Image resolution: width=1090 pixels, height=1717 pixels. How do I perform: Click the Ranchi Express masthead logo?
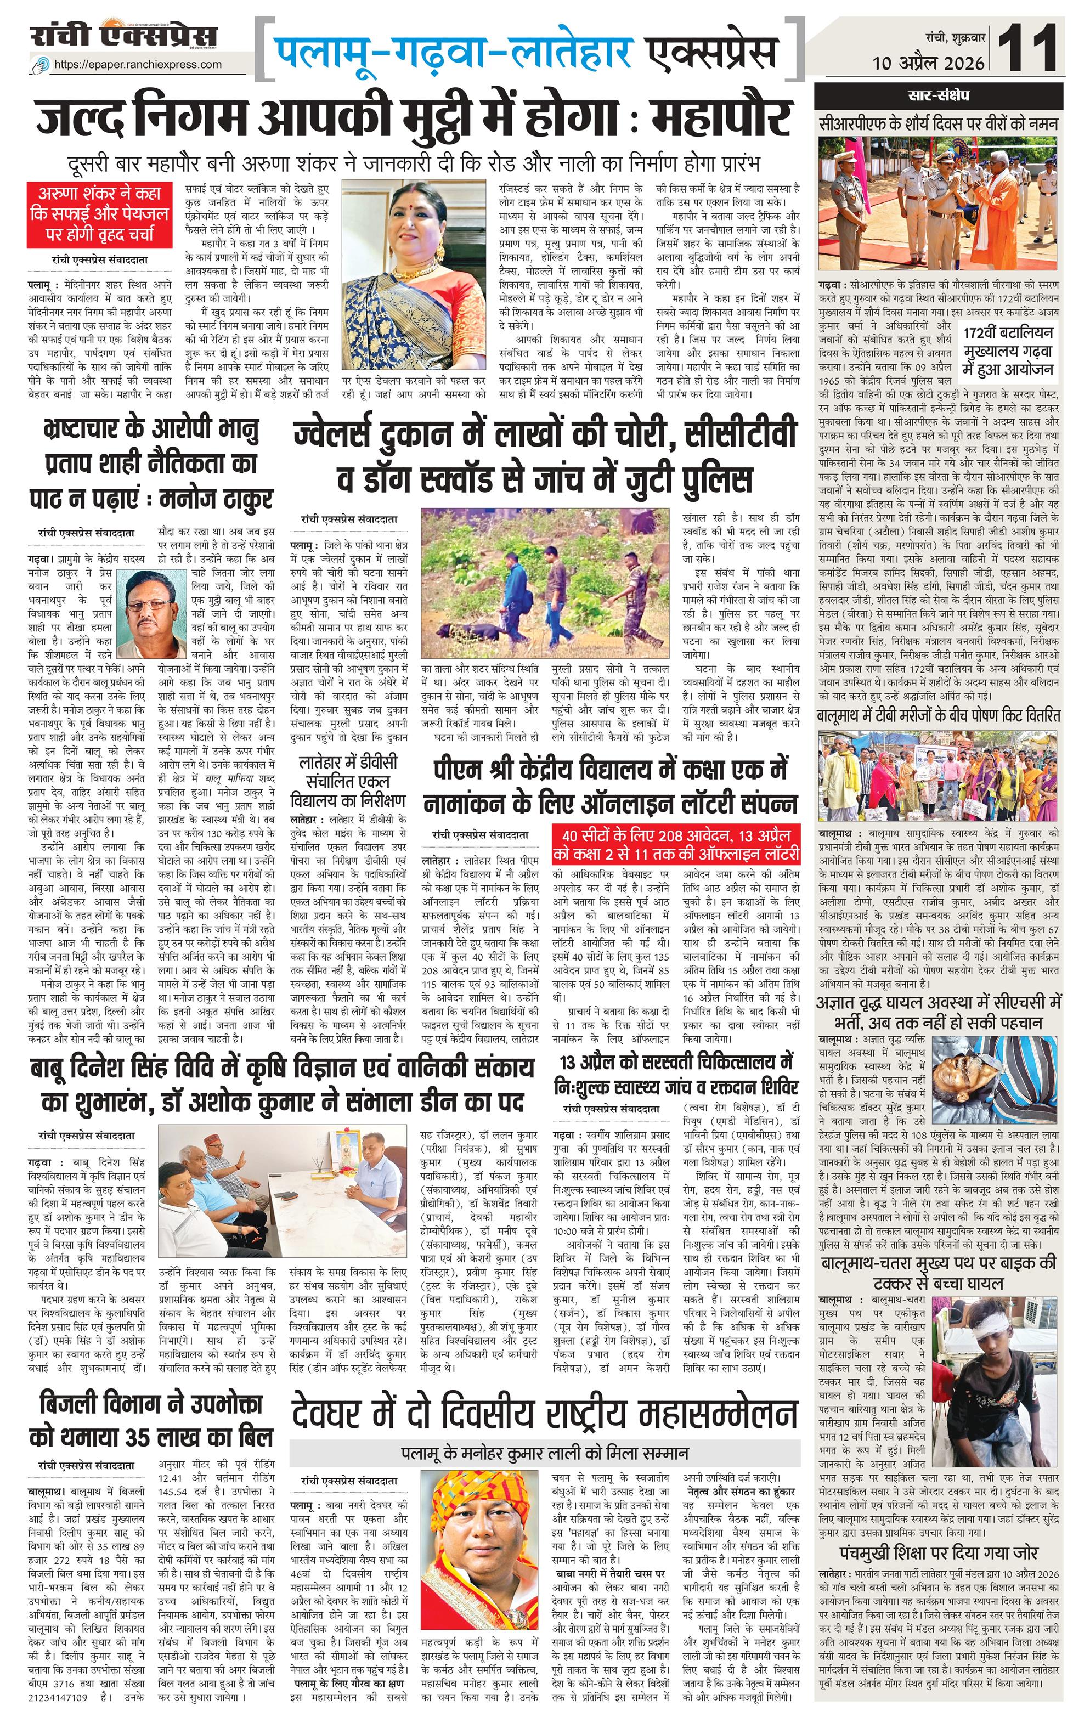tap(124, 36)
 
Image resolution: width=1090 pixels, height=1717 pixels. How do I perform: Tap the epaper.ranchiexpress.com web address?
tap(138, 64)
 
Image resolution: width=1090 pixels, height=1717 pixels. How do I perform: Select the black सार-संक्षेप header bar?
tap(937, 95)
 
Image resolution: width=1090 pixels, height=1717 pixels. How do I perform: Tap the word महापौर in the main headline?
tap(722, 117)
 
